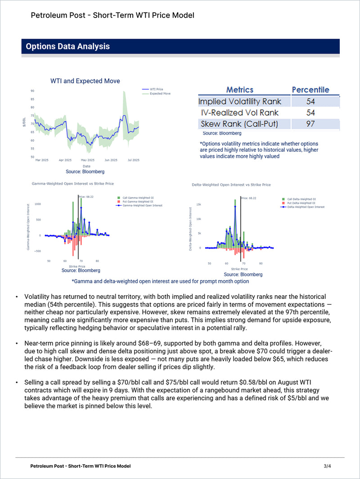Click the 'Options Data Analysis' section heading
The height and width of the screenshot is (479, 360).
tap(67, 46)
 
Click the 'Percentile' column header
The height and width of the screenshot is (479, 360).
tap(310, 90)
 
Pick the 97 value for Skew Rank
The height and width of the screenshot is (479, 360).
tap(310, 124)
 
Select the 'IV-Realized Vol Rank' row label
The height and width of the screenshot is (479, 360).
tap(240, 113)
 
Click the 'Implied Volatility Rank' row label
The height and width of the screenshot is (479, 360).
tap(240, 101)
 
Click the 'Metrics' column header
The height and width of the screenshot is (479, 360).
tap(240, 90)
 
